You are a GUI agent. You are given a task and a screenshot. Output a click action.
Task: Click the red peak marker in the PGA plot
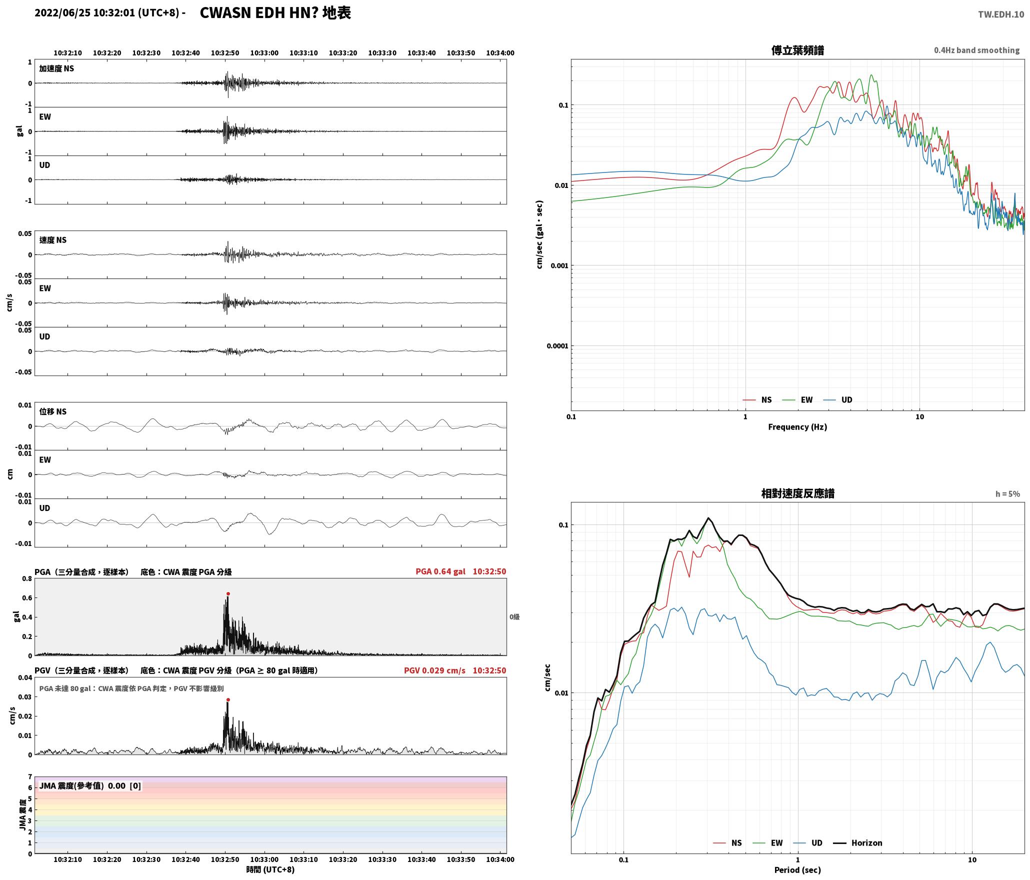[x=228, y=594]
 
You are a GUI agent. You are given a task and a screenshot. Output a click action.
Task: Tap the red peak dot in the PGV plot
[x=228, y=700]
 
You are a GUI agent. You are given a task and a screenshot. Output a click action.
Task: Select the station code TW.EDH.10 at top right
[x=1001, y=14]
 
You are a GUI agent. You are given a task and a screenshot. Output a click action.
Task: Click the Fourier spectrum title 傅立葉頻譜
[x=797, y=50]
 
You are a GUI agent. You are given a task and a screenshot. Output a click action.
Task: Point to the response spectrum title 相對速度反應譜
[x=797, y=493]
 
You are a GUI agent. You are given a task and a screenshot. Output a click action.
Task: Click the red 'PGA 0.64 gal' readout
[x=440, y=571]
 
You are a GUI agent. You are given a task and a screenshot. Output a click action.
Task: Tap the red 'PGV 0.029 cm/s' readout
[x=434, y=670]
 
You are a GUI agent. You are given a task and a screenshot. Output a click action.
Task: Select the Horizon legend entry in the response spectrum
[x=857, y=843]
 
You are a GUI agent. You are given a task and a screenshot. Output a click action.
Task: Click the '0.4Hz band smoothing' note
[x=976, y=50]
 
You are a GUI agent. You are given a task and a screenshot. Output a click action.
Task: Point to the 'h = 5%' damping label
[x=1007, y=494]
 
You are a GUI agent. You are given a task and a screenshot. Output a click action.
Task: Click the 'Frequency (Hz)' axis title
[x=797, y=427]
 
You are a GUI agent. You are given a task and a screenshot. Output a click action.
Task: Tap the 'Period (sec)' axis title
[x=797, y=870]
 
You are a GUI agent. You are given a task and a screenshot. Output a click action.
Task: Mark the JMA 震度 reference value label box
[x=90, y=786]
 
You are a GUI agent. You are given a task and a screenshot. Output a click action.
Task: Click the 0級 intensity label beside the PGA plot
[x=514, y=617]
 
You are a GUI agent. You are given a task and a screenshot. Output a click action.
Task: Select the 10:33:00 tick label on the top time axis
[x=264, y=53]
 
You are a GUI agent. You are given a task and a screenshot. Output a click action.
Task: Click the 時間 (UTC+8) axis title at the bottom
[x=270, y=869]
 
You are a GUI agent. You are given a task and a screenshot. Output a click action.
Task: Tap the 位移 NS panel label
[x=53, y=412]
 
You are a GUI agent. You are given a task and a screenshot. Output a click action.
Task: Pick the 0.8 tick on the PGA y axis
[x=27, y=579]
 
